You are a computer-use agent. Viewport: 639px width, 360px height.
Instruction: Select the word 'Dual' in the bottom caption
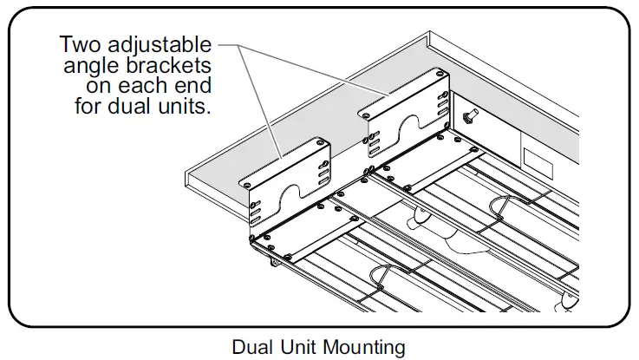[x=251, y=347]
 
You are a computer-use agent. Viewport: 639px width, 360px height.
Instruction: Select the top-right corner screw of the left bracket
[x=321, y=141]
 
